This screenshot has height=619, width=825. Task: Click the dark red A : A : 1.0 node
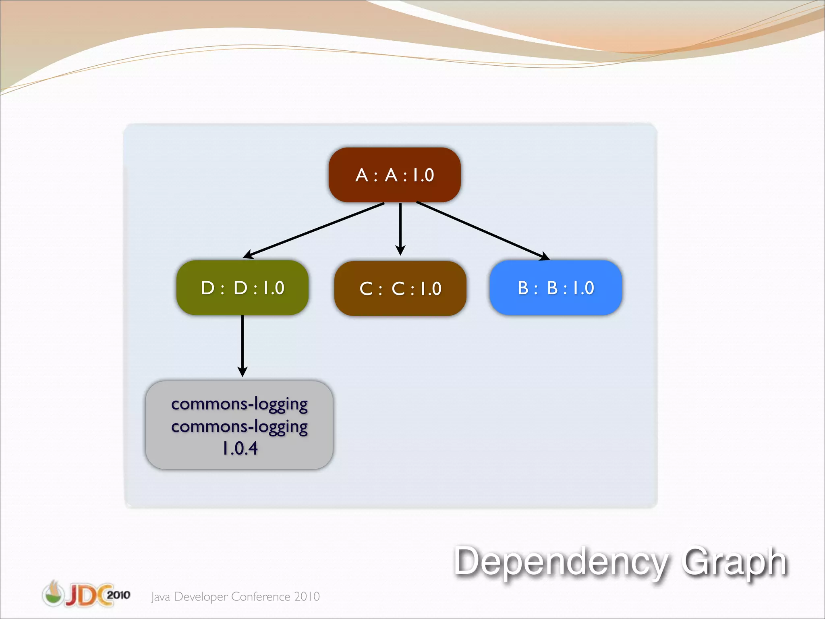coord(394,175)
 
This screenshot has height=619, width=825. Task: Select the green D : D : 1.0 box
coord(242,288)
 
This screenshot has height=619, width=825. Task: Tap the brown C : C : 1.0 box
coord(400,289)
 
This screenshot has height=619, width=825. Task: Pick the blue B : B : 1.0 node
coord(556,288)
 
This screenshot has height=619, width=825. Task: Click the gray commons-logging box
coord(239,425)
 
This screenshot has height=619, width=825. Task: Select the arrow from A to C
coord(400,228)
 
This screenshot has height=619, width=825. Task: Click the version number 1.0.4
coord(240,448)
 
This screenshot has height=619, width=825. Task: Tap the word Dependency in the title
coord(560,561)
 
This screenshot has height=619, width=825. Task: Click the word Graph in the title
coord(734,561)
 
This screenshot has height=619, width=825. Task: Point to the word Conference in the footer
coord(261,596)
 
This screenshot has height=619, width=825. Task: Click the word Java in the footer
coord(160,597)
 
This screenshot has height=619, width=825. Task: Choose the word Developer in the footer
coord(201,597)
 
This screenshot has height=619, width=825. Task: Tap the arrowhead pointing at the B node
coord(545,256)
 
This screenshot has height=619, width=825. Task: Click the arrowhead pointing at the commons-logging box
coord(242,372)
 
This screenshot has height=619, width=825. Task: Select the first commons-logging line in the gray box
coord(239,404)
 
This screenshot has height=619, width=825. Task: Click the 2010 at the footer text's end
coord(307,596)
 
